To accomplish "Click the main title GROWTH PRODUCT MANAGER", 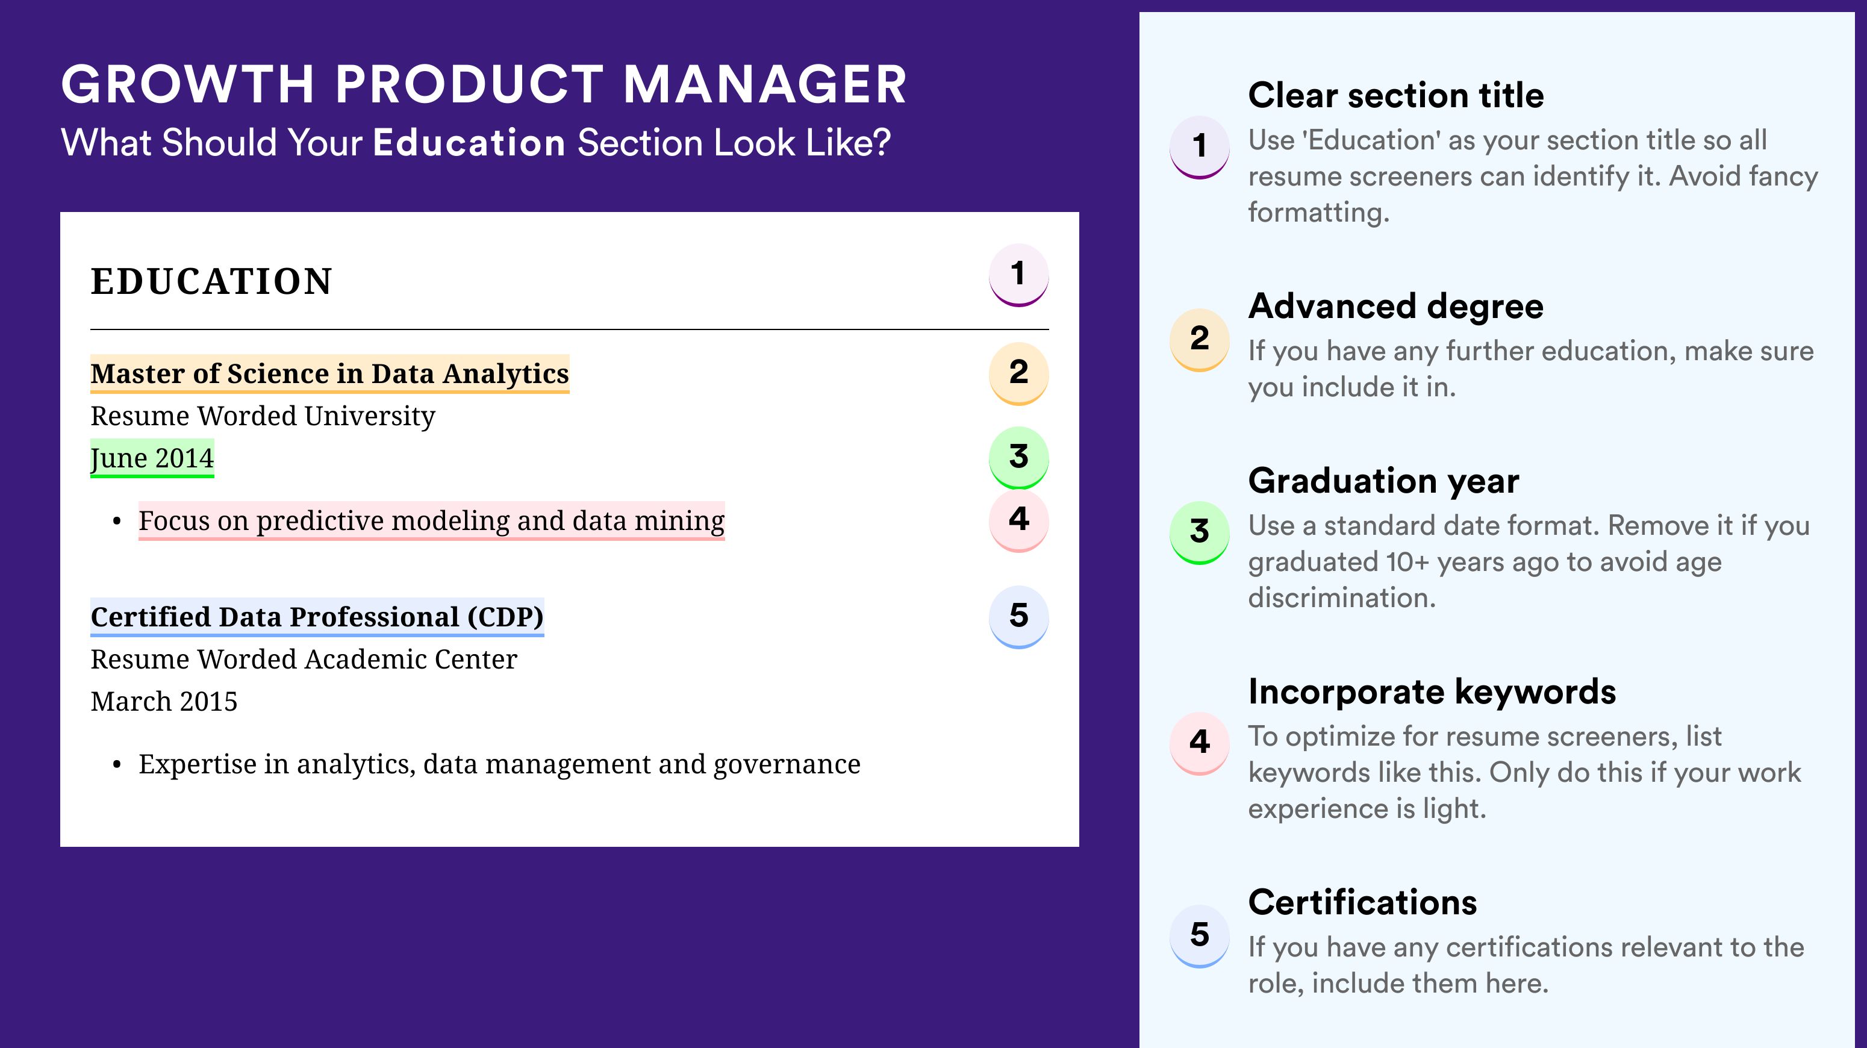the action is pyautogui.click(x=484, y=84).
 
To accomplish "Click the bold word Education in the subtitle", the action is pyautogui.click(x=469, y=142).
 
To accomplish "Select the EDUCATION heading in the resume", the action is pyautogui.click(x=211, y=281).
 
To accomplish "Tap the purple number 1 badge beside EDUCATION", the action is pyautogui.click(x=1018, y=275).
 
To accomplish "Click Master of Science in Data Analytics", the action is pyautogui.click(x=330, y=373).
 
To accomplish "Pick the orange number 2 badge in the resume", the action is pyautogui.click(x=1018, y=373).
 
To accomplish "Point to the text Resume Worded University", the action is pyautogui.click(x=263, y=416).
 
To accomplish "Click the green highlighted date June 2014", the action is pyautogui.click(x=152, y=458).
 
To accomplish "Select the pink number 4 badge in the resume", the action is pyautogui.click(x=1018, y=520).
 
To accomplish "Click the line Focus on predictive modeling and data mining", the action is pyautogui.click(x=431, y=520).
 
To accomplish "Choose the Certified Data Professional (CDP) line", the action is pyautogui.click(x=317, y=617).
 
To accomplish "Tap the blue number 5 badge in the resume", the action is pyautogui.click(x=1018, y=617).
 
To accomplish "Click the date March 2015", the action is pyautogui.click(x=164, y=702).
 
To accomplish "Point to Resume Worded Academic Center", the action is pyautogui.click(x=304, y=660).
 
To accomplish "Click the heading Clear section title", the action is pyautogui.click(x=1396, y=95).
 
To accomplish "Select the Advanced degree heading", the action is pyautogui.click(x=1396, y=306).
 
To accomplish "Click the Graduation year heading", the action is pyautogui.click(x=1383, y=481).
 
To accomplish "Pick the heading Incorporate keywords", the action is pyautogui.click(x=1432, y=691).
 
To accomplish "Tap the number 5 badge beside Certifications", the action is pyautogui.click(x=1200, y=935).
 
